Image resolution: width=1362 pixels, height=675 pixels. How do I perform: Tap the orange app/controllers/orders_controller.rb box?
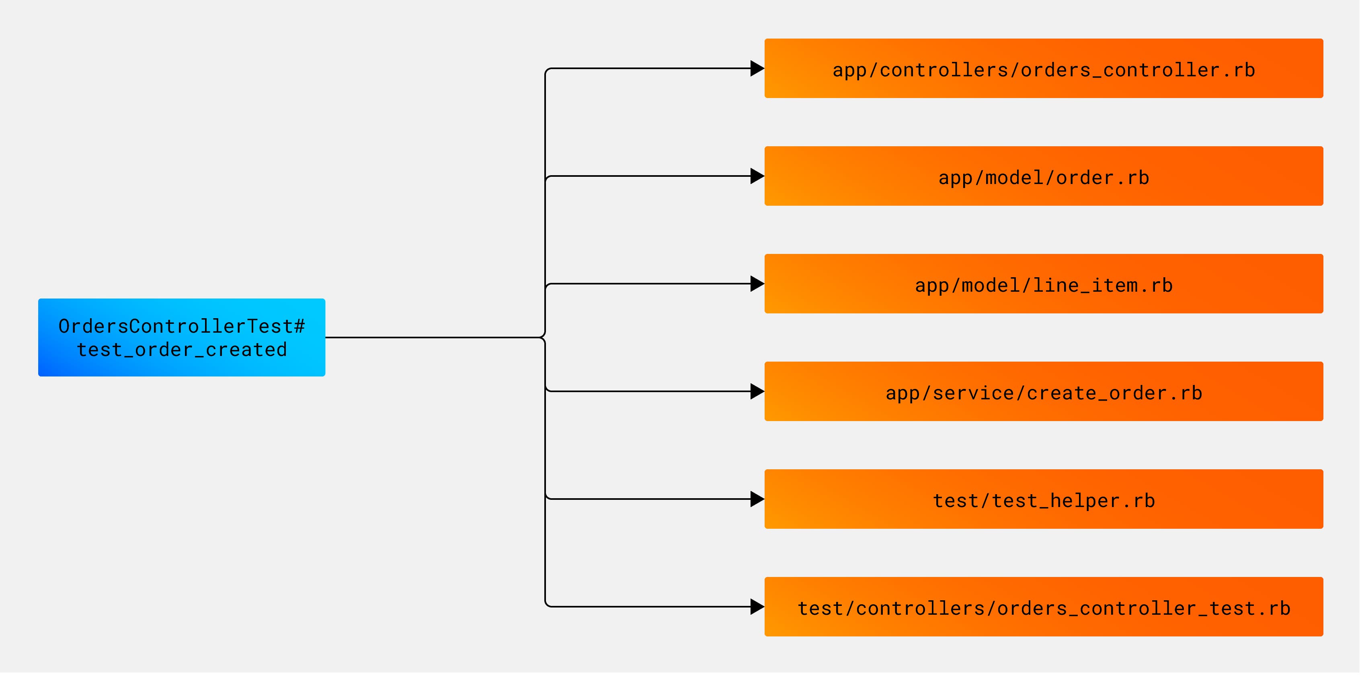click(1043, 69)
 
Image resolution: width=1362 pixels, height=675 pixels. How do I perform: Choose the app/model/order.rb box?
click(1043, 176)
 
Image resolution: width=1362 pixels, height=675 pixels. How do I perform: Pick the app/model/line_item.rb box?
click(1043, 284)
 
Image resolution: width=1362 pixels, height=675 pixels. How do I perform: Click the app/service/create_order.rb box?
click(1043, 392)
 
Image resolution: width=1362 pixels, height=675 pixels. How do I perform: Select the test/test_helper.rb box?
click(1043, 500)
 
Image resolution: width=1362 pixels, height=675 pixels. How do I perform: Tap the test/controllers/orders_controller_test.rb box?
click(1043, 608)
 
